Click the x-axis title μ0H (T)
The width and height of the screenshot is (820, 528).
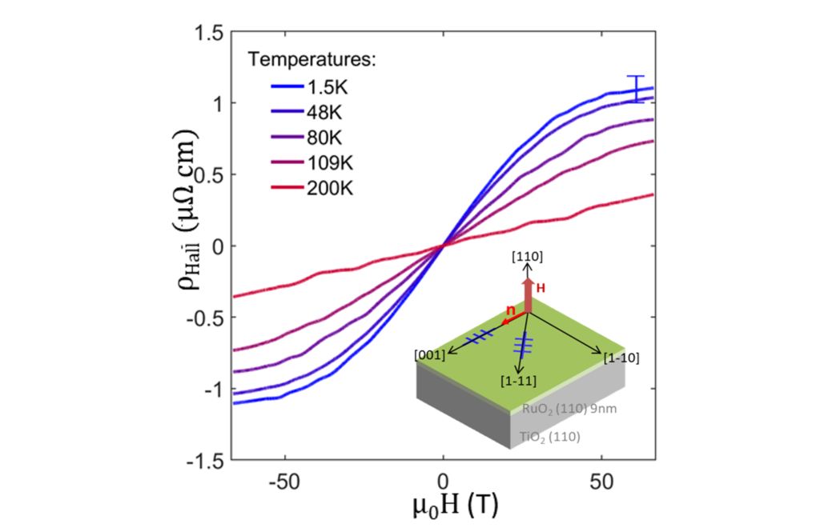pyautogui.click(x=442, y=506)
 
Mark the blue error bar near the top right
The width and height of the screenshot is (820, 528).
pyautogui.click(x=636, y=89)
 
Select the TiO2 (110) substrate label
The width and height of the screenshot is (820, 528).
pyautogui.click(x=549, y=437)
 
